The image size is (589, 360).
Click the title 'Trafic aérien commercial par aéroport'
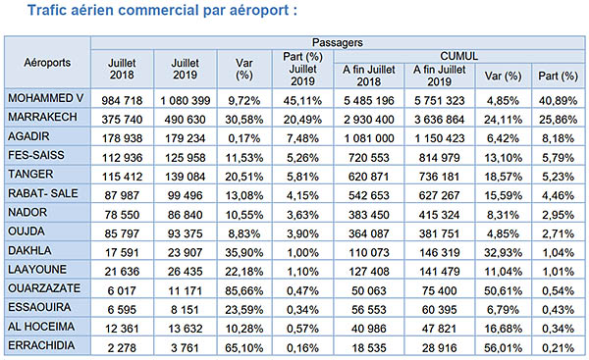pos(161,13)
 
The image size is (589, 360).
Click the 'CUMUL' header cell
pos(458,57)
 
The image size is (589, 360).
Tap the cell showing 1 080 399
pos(186,99)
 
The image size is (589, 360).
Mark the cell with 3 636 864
pos(441,117)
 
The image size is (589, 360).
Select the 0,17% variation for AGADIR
pos(244,134)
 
